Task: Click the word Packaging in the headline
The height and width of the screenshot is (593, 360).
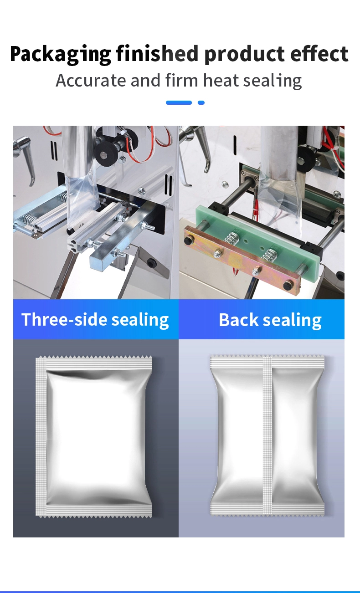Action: [61, 55]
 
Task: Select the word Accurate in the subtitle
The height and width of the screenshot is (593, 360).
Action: [91, 81]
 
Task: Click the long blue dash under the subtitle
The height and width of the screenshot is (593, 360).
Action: [179, 103]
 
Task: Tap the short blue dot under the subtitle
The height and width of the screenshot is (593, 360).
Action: [201, 103]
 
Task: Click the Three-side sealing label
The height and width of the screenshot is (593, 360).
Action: [95, 320]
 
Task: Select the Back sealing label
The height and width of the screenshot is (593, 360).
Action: [270, 320]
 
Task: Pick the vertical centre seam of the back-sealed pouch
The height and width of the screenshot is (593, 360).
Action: [267, 435]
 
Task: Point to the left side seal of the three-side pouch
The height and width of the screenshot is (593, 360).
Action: [41, 437]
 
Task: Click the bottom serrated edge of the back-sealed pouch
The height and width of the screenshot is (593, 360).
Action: [267, 514]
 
